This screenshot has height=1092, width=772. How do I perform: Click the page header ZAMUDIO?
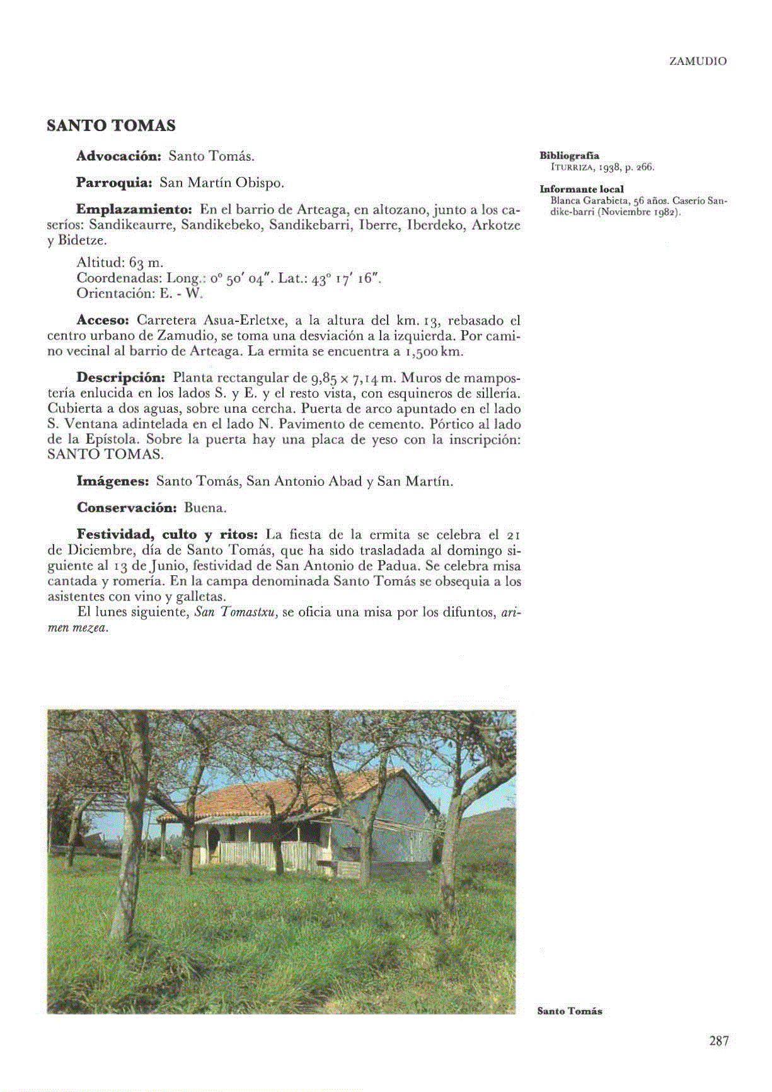pos(698,62)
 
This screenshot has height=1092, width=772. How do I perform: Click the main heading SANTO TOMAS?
pos(111,125)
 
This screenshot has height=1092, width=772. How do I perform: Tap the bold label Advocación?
pos(119,156)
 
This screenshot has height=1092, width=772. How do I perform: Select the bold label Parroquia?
pos(114,183)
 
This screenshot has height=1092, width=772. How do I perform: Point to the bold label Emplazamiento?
pos(134,209)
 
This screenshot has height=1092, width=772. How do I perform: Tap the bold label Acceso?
pos(102,320)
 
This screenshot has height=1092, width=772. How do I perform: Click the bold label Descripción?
pos(120,377)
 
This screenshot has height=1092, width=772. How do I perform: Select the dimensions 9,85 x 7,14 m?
pos(352,378)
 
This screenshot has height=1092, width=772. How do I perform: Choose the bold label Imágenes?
pos(112,481)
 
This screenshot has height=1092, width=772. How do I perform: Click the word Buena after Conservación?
pos(205,508)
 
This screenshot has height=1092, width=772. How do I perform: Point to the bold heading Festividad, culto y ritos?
pos(167,534)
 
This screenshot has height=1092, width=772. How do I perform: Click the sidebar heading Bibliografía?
pos(569,156)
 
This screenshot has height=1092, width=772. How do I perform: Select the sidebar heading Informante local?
pos(581,189)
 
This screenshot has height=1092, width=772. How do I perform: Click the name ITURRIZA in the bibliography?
pos(572,168)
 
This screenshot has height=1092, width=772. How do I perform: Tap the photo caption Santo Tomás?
pos(569,1011)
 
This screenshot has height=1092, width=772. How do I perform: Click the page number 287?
pos(718,1041)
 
